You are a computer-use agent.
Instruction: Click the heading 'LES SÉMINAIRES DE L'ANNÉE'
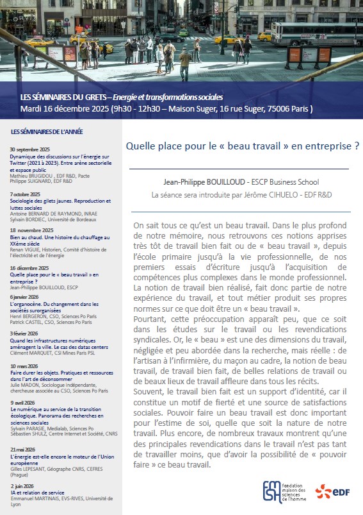(47, 132)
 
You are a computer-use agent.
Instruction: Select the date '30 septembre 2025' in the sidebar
(29, 149)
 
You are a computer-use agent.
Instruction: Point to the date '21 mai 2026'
(23, 450)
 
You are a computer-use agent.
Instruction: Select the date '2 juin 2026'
(21, 485)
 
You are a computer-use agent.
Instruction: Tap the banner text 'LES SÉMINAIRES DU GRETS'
(64, 97)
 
